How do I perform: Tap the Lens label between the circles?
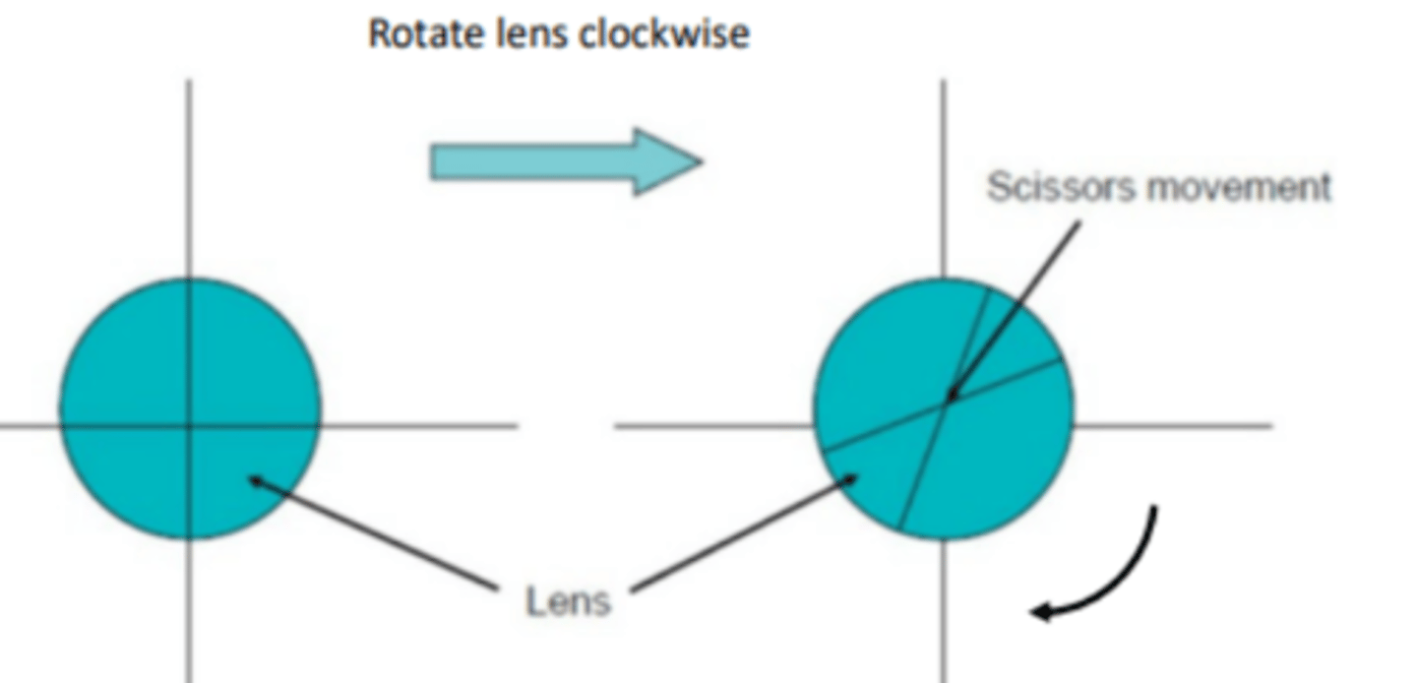click(568, 600)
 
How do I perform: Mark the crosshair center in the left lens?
click(190, 426)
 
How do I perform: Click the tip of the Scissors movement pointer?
click(950, 398)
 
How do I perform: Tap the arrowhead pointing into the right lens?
click(855, 477)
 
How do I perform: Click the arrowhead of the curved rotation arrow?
click(1037, 612)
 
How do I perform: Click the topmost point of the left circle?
click(190, 279)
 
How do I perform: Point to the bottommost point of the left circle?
click(190, 539)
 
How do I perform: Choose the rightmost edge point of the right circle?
click(1074, 409)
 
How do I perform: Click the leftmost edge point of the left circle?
click(60, 409)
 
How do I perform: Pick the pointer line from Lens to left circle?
click(374, 534)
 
